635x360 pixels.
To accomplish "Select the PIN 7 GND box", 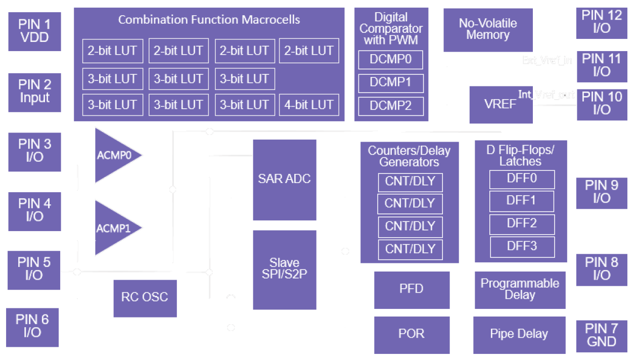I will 601,335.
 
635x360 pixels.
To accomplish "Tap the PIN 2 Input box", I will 34,92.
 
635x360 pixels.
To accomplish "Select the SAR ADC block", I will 284,179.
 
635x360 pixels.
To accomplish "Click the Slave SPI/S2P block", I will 284,269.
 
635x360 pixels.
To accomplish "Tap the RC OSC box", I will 145,297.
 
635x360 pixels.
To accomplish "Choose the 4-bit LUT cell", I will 309,105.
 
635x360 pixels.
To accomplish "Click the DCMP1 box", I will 390,82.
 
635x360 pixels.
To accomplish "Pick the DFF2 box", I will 522,223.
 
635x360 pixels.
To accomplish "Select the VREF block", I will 501,105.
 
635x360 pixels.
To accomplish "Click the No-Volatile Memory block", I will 487,29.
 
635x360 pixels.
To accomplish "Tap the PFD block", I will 412,290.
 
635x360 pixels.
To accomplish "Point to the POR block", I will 412,335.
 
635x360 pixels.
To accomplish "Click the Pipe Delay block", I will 519,335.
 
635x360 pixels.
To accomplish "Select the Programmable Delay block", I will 520,289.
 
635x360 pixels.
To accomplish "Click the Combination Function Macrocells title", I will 209,20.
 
